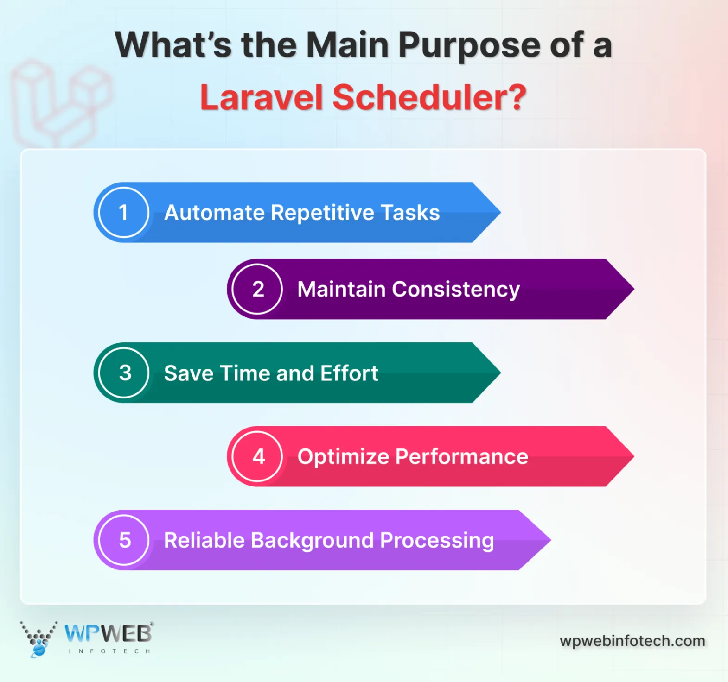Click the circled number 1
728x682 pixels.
123,213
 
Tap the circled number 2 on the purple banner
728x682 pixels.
258,289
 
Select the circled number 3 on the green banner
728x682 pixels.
124,373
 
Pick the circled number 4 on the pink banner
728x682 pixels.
258,456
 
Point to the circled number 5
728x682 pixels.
124,540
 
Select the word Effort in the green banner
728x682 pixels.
349,373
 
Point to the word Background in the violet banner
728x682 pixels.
312,541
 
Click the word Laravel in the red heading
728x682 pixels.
261,98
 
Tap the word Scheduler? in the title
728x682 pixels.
429,98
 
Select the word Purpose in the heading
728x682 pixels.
469,45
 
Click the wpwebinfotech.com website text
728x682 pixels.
632,641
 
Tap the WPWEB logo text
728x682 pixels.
108,633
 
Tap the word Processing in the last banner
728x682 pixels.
437,541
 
